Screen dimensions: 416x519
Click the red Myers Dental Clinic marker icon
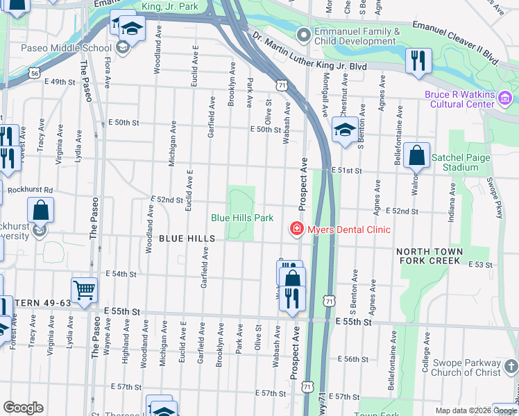click(296, 229)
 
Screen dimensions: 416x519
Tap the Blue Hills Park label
click(242, 218)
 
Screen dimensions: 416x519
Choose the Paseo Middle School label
click(66, 48)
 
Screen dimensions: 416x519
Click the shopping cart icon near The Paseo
click(85, 290)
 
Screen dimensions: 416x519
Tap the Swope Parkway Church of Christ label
click(464, 368)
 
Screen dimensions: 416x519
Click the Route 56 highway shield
click(34, 71)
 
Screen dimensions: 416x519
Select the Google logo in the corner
click(23, 408)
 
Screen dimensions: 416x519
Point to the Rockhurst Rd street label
click(30, 190)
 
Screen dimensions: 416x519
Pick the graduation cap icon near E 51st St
click(344, 130)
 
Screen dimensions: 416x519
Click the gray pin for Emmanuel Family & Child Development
click(303, 35)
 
